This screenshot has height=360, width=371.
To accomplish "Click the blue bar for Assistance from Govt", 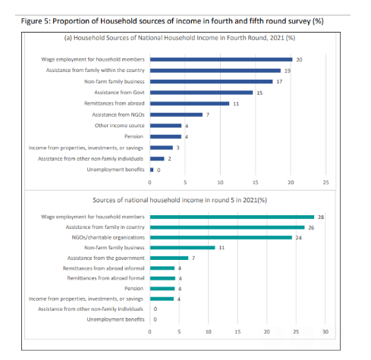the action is [x=201, y=92].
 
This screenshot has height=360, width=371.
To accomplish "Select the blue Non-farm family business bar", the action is [x=211, y=82].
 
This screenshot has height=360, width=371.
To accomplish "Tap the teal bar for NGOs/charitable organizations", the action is [x=221, y=237].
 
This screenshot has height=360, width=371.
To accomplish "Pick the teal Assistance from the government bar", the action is [x=169, y=258].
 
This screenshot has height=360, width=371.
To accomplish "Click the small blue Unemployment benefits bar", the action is [x=152, y=170].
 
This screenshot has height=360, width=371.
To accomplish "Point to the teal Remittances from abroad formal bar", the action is [x=162, y=278].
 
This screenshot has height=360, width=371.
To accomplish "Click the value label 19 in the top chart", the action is [x=288, y=70].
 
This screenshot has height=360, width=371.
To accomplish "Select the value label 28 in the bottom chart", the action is [x=321, y=218].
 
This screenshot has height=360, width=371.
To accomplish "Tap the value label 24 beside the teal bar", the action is [x=298, y=238].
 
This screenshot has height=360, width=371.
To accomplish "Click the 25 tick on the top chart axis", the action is [x=325, y=183].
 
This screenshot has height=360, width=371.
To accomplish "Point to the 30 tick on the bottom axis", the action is [x=325, y=332].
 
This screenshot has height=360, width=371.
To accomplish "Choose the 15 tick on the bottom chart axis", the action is [x=237, y=332].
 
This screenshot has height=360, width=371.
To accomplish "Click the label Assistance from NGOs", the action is [x=118, y=114].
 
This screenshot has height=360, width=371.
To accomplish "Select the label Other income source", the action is [x=119, y=126].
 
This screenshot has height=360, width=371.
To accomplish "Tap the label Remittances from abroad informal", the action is [x=103, y=268].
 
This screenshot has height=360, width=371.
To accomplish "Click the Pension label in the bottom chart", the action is [x=134, y=289].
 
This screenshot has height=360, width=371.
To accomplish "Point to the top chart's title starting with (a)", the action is [x=180, y=38].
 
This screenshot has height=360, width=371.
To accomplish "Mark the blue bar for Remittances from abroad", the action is [x=190, y=104].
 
